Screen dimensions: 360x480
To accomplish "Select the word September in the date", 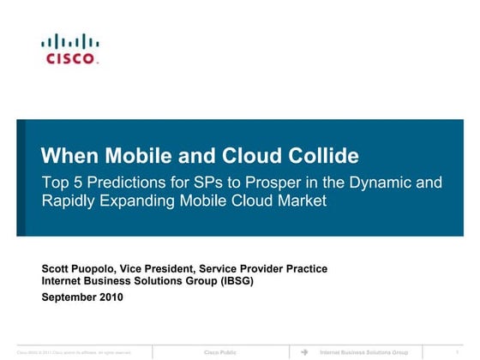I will point(69,297).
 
